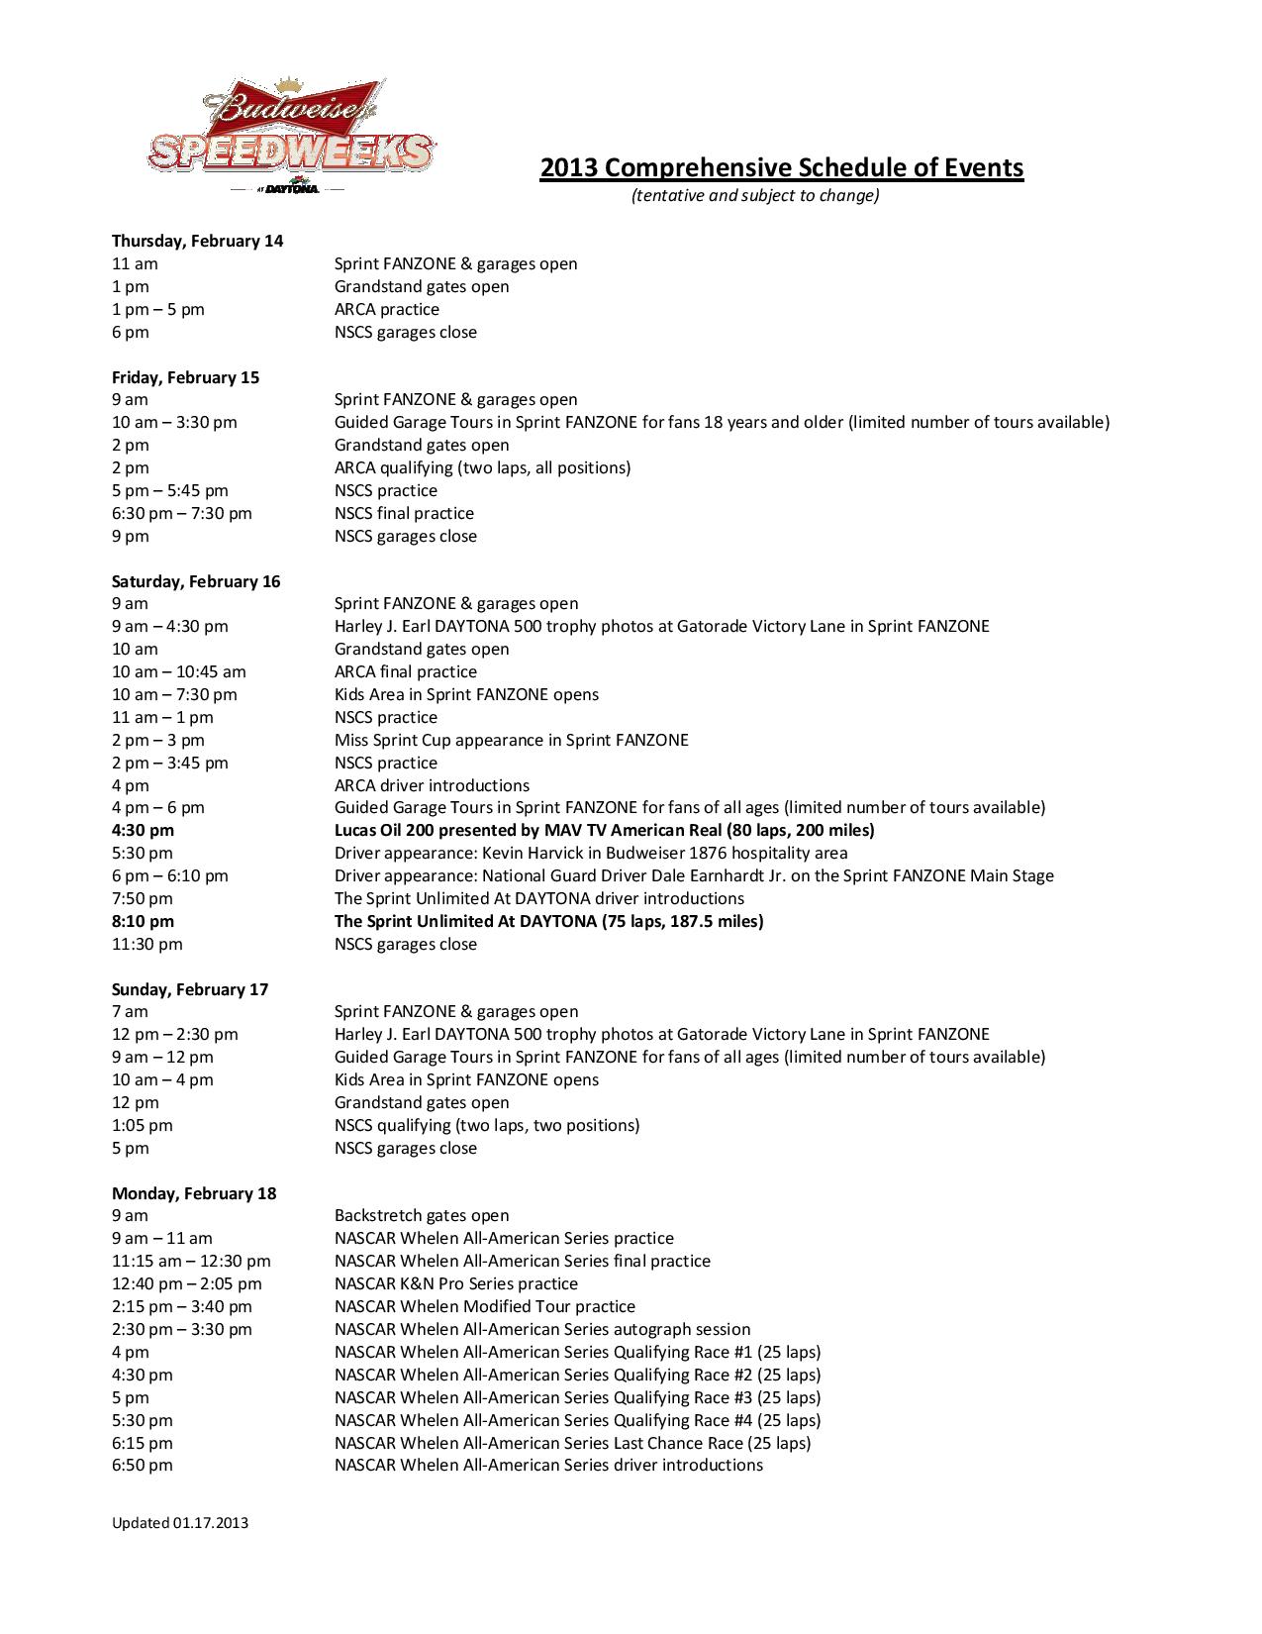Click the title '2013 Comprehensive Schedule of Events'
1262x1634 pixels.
coord(781,167)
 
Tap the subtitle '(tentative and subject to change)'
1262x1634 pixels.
coord(755,195)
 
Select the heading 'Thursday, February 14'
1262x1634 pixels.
coord(197,241)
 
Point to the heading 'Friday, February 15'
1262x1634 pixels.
coord(185,377)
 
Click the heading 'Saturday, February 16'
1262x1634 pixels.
coord(196,581)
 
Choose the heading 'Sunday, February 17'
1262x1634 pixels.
coord(190,989)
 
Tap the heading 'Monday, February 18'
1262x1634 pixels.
coord(194,1193)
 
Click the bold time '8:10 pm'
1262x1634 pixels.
coord(143,921)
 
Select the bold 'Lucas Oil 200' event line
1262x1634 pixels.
coord(604,830)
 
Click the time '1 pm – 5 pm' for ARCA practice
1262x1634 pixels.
coord(157,309)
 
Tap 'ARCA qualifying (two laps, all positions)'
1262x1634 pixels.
coord(482,467)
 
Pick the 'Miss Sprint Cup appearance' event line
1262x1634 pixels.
coord(511,740)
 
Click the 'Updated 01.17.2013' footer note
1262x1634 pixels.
coord(179,1522)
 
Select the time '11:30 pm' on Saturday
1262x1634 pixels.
coord(146,944)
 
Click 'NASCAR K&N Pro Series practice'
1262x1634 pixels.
coord(455,1283)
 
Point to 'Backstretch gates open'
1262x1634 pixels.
coord(422,1215)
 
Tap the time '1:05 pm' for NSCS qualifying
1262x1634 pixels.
coord(142,1125)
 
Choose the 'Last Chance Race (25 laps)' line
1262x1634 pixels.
coord(572,1443)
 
